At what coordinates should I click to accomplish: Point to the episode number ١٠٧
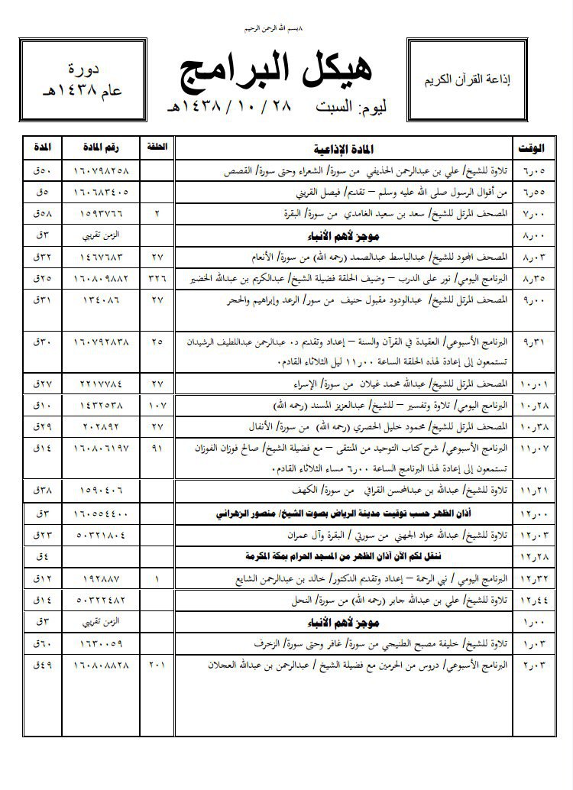tap(157, 403)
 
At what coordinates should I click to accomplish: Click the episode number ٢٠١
tap(157, 665)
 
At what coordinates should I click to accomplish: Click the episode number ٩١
tap(157, 450)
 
